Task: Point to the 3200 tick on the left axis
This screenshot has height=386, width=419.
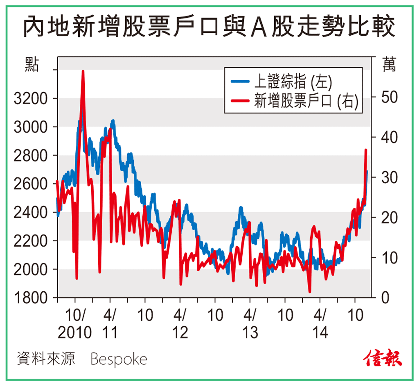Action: coord(31,99)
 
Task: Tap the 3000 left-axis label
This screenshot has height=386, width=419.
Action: coord(31,127)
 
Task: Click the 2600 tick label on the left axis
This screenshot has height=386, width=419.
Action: coord(31,184)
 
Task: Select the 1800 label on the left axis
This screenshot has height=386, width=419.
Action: coord(31,298)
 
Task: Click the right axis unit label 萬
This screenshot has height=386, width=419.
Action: coord(389,65)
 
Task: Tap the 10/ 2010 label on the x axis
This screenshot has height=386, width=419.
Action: coord(74,324)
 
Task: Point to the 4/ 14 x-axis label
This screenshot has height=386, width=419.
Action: coord(320,324)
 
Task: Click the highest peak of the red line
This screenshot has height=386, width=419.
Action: coord(83,72)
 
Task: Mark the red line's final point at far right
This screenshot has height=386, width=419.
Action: coord(366,150)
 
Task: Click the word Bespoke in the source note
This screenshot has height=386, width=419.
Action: coord(119,359)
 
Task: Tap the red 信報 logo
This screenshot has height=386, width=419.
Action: coord(383,358)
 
